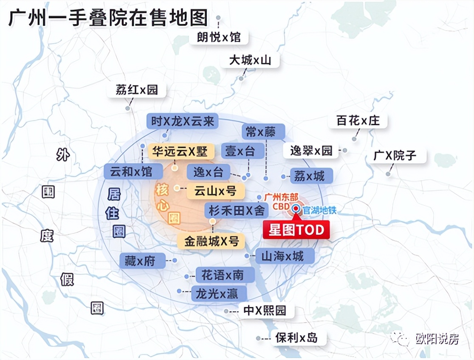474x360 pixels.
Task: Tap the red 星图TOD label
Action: tap(296, 230)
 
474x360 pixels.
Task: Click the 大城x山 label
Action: tap(250, 60)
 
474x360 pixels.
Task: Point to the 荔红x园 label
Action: tap(136, 90)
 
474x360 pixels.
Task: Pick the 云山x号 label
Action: tap(215, 191)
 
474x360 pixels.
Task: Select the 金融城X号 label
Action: tap(212, 241)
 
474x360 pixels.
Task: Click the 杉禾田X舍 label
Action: tap(236, 210)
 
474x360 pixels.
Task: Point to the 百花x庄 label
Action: tap(358, 121)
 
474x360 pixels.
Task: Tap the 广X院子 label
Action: tap(395, 155)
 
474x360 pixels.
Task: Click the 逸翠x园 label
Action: tap(311, 151)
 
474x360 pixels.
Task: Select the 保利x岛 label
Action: tap(296, 337)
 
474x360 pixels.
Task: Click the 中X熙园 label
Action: tap(264, 310)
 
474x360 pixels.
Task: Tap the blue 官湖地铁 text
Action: tap(319, 209)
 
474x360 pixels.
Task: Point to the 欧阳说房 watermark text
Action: tap(437, 339)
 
